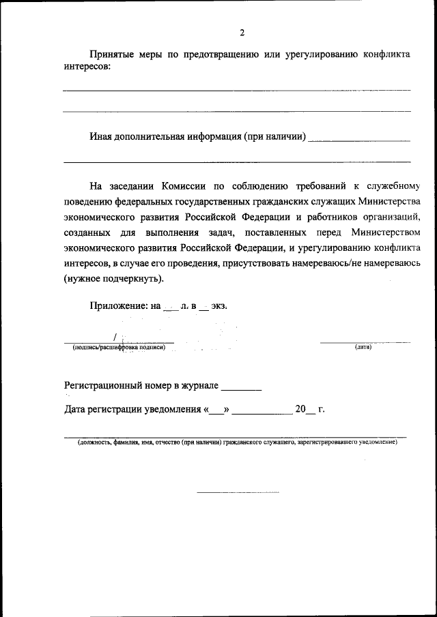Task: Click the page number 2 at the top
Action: [x=242, y=32]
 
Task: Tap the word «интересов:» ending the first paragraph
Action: [x=86, y=67]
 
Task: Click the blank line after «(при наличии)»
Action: [x=359, y=139]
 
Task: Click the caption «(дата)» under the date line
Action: [x=363, y=348]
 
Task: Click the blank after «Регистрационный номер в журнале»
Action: [x=242, y=387]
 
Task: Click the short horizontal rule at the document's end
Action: [x=238, y=492]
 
